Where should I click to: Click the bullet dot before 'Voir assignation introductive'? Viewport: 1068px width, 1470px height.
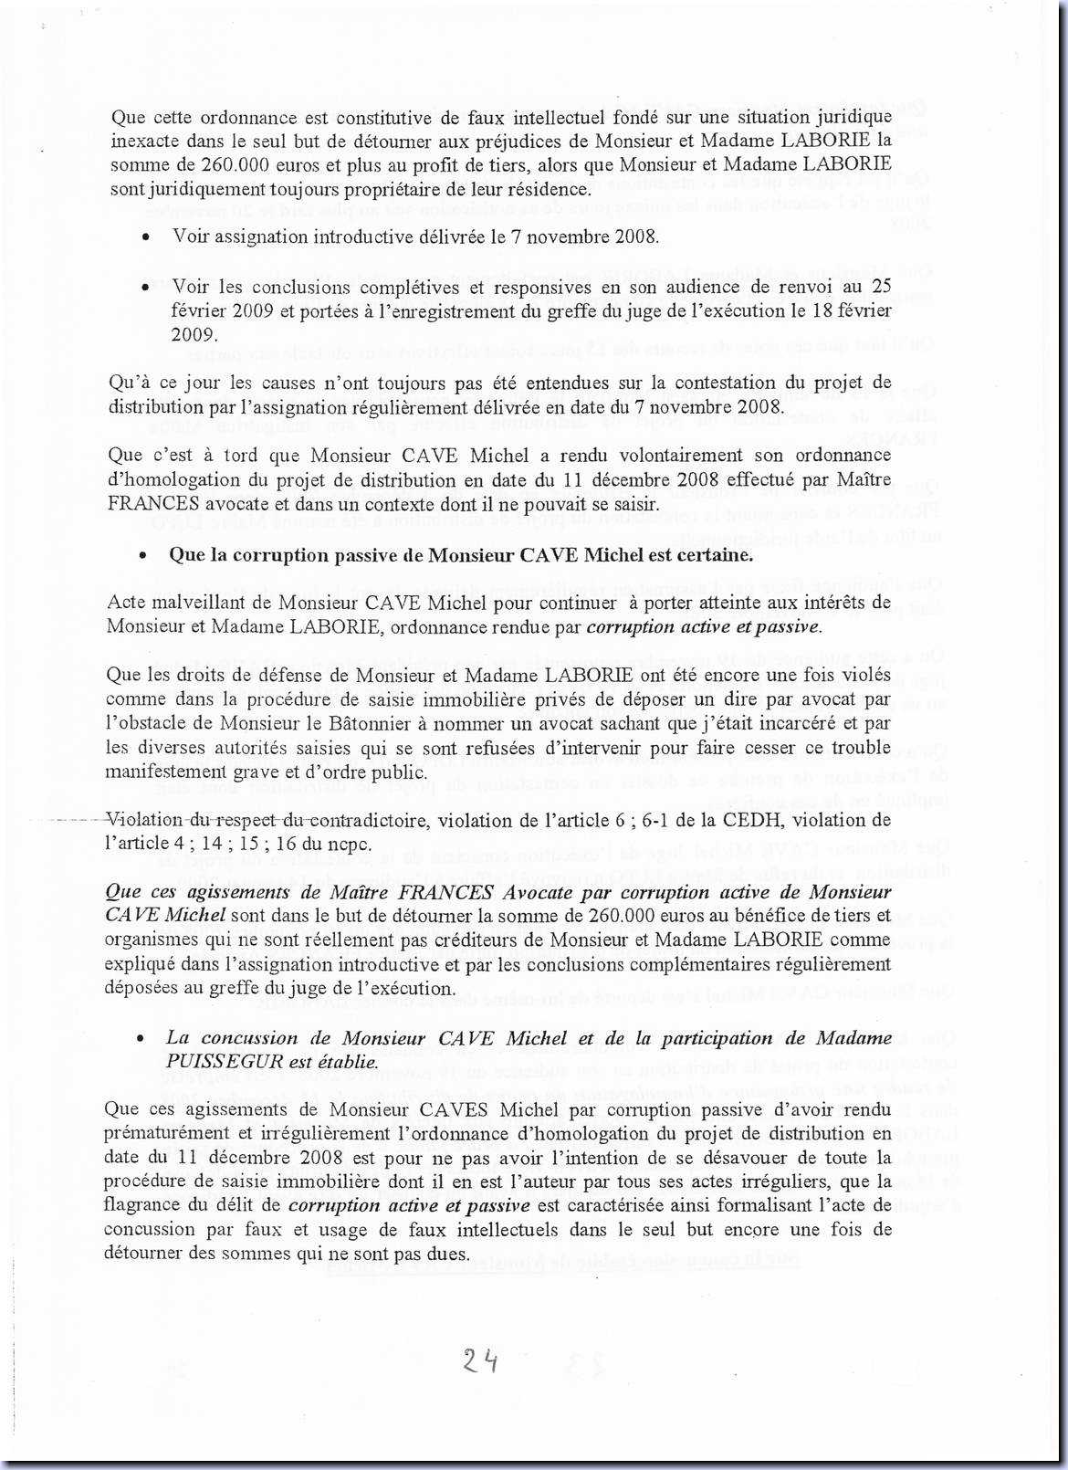146,237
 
